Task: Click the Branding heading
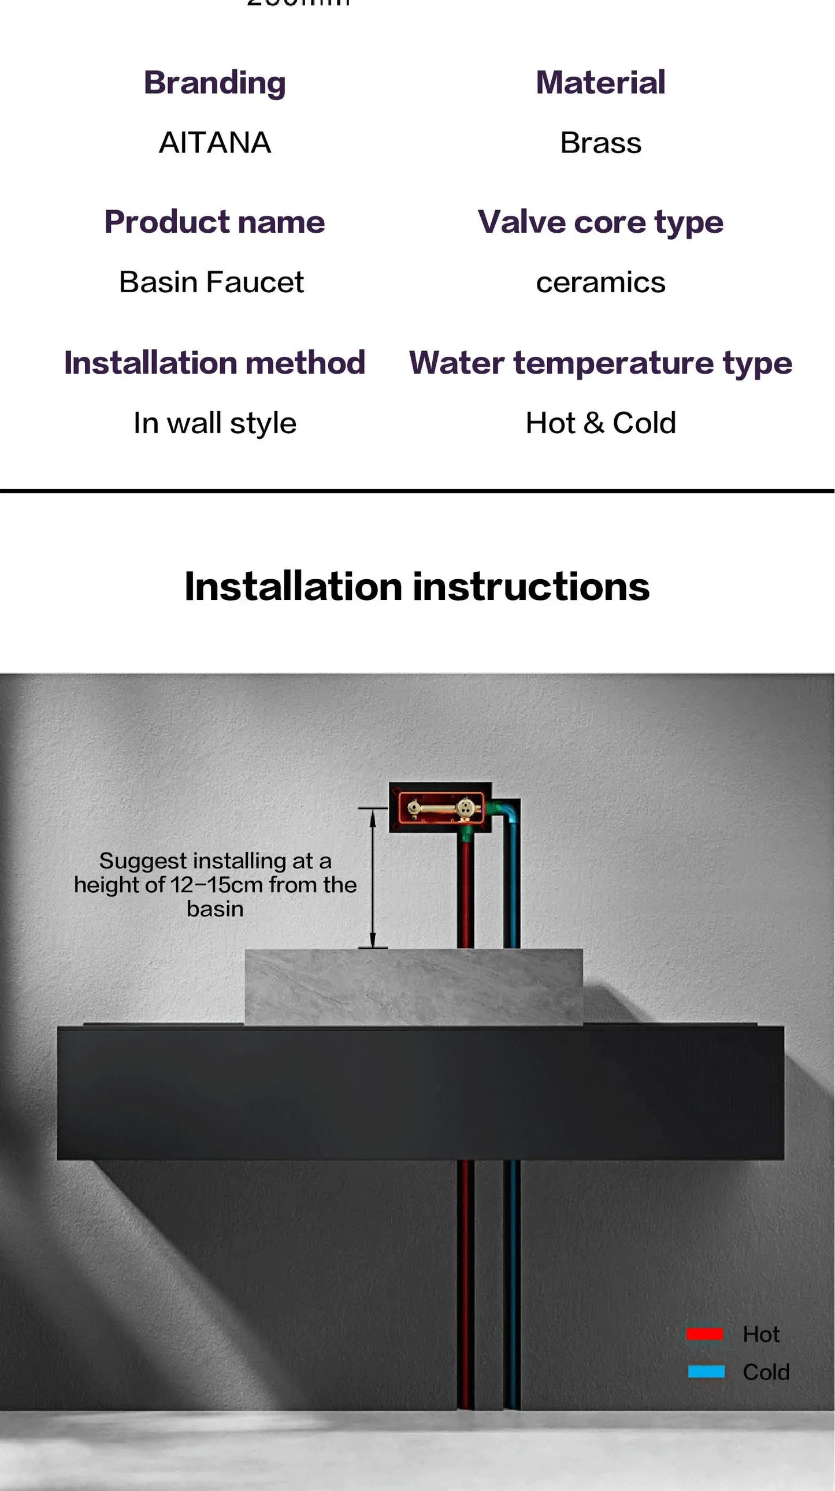214,82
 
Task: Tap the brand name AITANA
214,143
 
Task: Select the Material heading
600,82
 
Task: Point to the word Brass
600,143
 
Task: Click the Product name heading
214,222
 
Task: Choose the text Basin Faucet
211,282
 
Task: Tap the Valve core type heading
600,222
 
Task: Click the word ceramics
600,282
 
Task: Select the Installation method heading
214,363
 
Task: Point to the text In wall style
214,423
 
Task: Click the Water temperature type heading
600,363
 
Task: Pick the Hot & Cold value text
600,423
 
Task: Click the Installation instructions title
417,586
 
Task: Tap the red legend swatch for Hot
704,1333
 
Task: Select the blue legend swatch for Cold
706,1371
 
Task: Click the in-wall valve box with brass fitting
440,807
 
